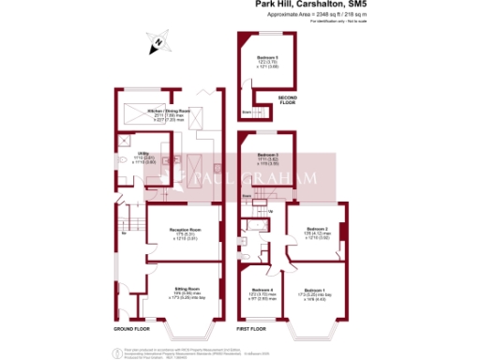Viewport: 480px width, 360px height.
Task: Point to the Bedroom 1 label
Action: tap(316, 292)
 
